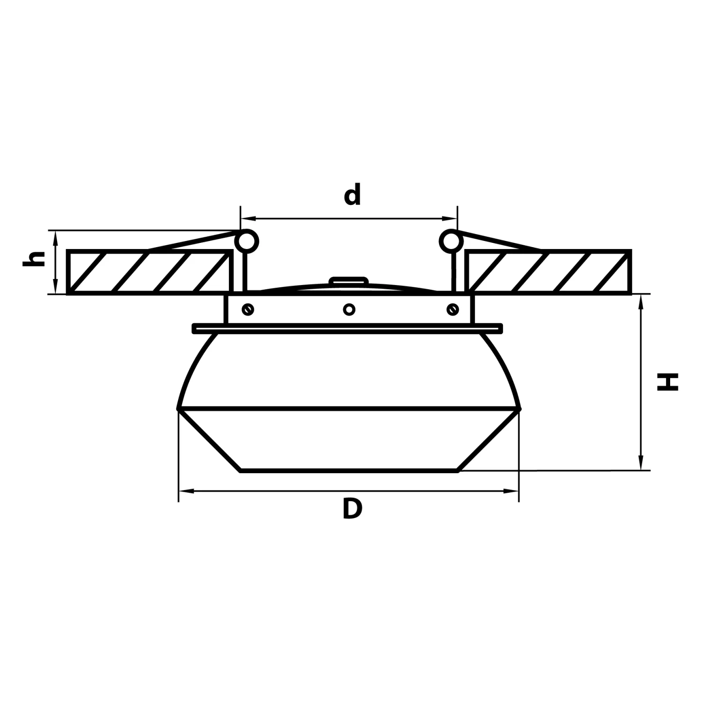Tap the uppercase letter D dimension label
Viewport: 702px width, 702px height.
[352, 509]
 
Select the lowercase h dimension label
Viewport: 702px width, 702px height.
[34, 259]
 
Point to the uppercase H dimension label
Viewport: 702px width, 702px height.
[667, 382]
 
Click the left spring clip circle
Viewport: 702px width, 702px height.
[246, 241]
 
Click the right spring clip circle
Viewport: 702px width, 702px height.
[451, 241]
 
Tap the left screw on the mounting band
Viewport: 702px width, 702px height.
[248, 309]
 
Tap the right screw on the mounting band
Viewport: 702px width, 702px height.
[453, 309]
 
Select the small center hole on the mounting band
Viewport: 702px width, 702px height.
[349, 309]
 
